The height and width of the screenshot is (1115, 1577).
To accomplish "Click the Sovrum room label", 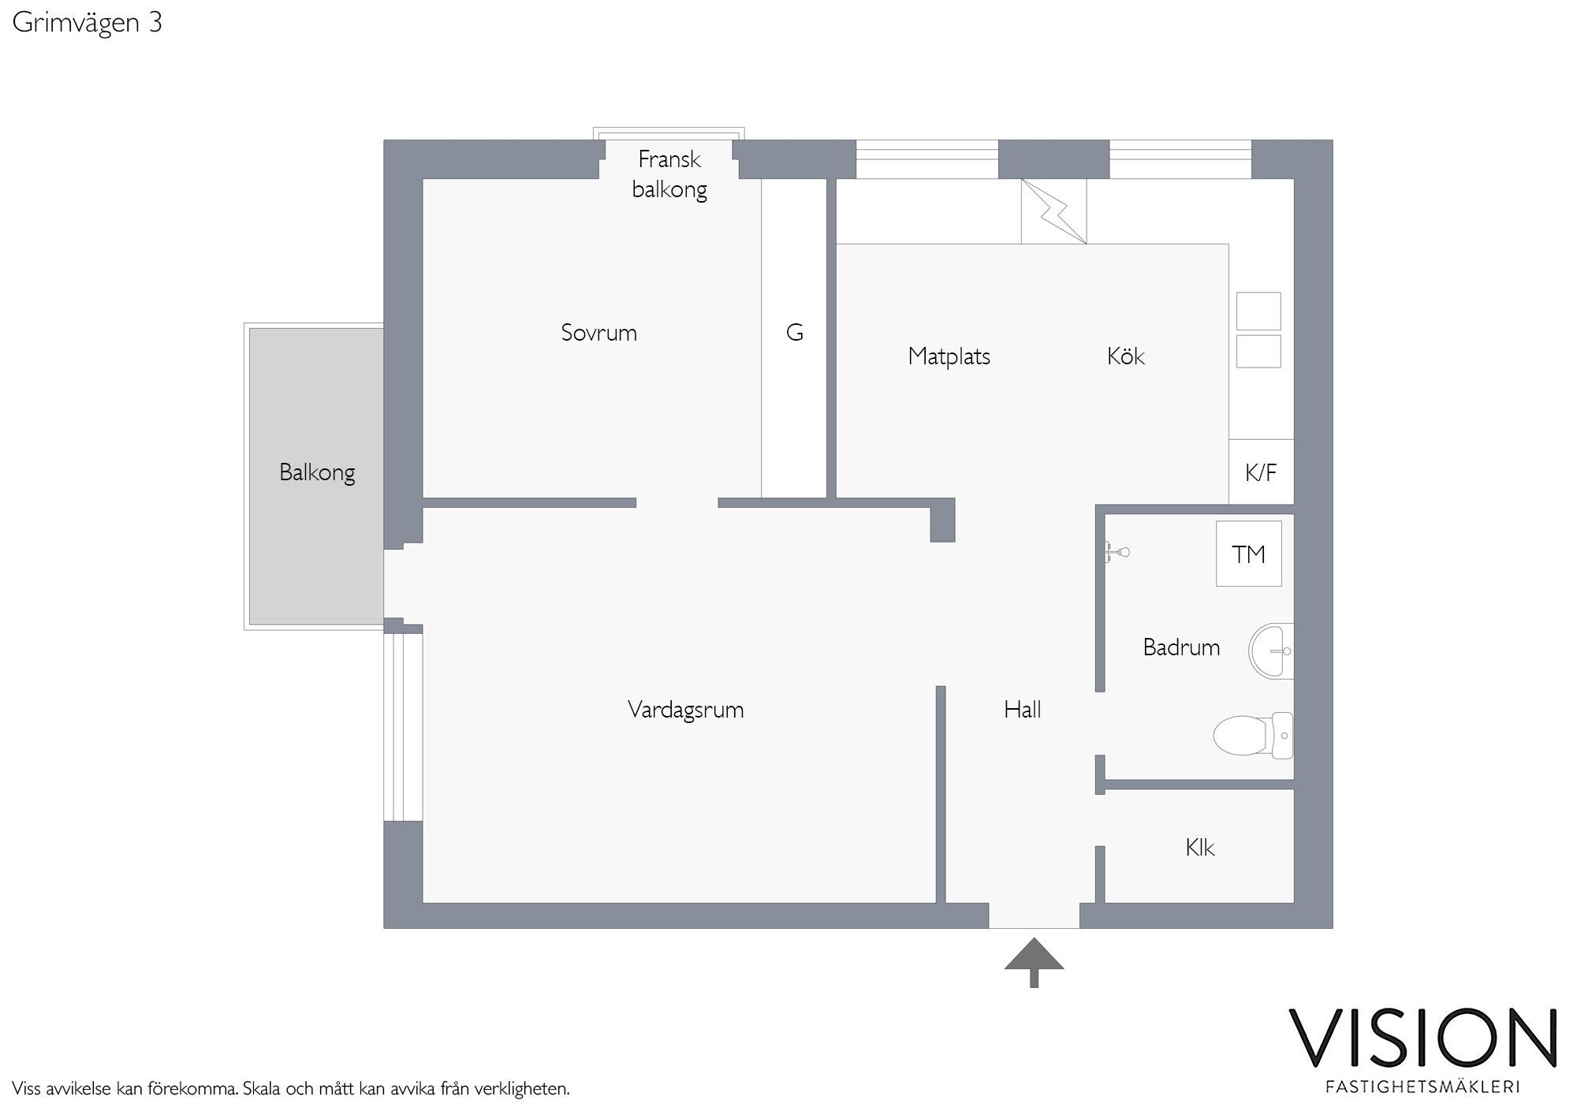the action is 598,333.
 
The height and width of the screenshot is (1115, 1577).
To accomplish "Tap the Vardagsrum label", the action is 685,710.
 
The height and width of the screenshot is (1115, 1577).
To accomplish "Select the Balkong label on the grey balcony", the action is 317,472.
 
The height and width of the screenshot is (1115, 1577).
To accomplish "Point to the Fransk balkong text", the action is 669,174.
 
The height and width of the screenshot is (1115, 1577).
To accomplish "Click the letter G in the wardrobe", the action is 795,333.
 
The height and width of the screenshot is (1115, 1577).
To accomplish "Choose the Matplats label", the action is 949,356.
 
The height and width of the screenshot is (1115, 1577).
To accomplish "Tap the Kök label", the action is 1125,356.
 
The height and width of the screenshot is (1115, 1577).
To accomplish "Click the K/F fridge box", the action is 1261,472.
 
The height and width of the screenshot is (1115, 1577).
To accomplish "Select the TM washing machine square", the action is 1249,554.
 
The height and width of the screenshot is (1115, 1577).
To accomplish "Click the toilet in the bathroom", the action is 1252,735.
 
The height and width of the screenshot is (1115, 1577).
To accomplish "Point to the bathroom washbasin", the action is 1271,651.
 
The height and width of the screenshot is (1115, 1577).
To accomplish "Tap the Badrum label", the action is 1181,647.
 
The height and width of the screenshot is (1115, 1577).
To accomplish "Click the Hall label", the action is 1022,710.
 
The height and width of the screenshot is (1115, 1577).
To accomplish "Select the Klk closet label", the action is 1199,848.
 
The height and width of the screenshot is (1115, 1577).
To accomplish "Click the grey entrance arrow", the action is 1034,962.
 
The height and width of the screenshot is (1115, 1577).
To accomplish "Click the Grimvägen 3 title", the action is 88,23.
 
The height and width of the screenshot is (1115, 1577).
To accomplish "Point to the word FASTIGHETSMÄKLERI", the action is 1423,1087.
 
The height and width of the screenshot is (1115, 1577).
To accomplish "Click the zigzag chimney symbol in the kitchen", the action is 1053,211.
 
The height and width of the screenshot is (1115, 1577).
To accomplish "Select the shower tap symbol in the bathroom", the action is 1117,552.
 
